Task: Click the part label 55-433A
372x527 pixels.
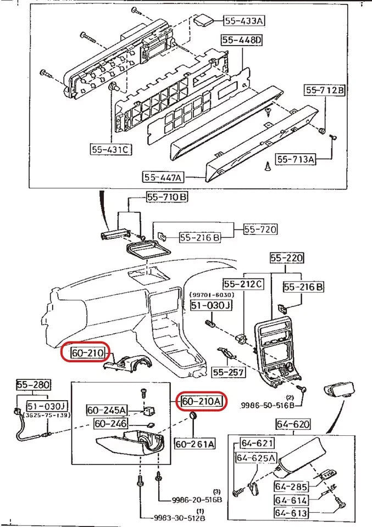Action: pyautogui.click(x=243, y=21)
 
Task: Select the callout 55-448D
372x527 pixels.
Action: pyautogui.click(x=242, y=41)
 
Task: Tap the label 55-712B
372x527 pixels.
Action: pyautogui.click(x=325, y=91)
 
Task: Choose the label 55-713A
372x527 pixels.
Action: pyautogui.click(x=296, y=159)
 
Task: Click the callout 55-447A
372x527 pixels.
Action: pyautogui.click(x=164, y=177)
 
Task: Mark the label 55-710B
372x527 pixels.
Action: pyautogui.click(x=166, y=197)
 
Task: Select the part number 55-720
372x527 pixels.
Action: pyautogui.click(x=260, y=229)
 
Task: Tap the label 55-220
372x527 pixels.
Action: pyautogui.click(x=287, y=257)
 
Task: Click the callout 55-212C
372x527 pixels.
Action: pyautogui.click(x=243, y=284)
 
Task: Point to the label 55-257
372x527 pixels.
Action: pyautogui.click(x=227, y=372)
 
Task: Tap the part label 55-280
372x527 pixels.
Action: pyautogui.click(x=33, y=386)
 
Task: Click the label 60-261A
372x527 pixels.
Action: pyautogui.click(x=195, y=443)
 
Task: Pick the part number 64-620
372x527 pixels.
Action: pyautogui.click(x=292, y=424)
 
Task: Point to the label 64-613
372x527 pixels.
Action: pyautogui.click(x=291, y=513)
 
